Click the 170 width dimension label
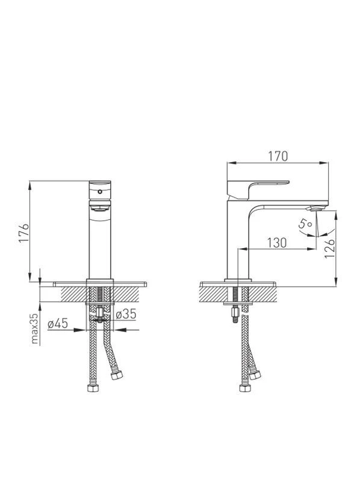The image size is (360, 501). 278,156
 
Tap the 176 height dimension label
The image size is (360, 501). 24,234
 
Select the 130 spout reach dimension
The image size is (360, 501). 277,243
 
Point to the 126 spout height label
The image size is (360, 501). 329,249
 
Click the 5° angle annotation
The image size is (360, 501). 305,223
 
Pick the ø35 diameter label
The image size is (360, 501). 126,314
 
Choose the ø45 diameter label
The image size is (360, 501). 58,324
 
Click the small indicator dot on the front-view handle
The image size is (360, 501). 100,191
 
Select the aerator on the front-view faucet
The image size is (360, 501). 100,208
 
